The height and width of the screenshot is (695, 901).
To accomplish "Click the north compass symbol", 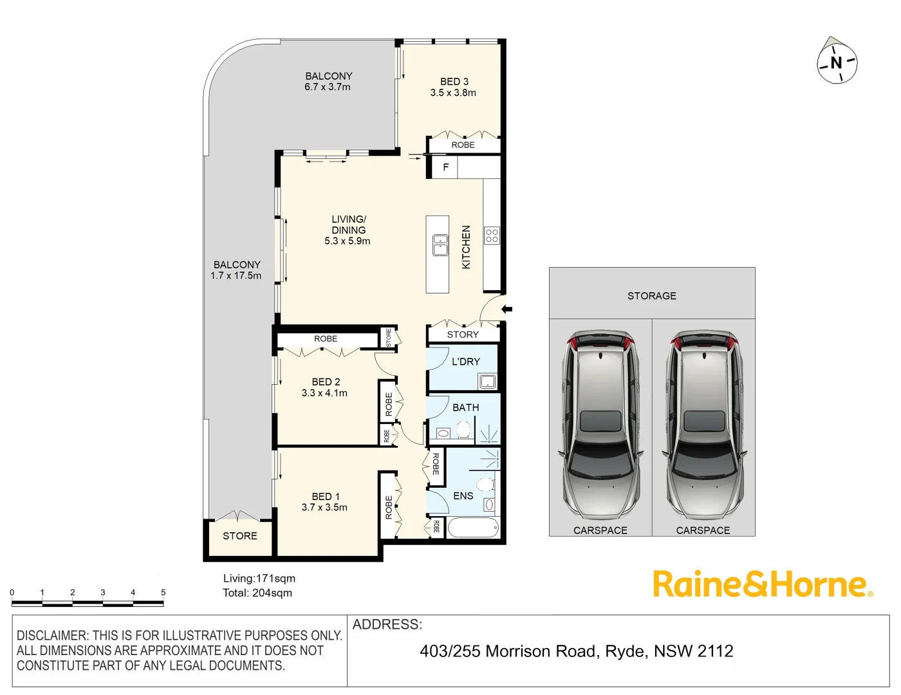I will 837,62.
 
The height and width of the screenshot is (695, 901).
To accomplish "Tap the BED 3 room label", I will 454,82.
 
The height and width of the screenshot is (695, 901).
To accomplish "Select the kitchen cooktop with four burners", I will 492,235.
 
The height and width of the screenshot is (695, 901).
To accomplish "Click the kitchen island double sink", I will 440,245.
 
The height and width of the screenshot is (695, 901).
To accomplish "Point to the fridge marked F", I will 445,167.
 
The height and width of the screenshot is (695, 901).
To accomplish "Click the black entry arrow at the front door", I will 506,310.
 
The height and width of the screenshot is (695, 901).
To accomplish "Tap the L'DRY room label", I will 465,362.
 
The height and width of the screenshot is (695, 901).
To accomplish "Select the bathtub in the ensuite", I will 473,528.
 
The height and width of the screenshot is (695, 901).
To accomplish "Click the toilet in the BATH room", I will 463,429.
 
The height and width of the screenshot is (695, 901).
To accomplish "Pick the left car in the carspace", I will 600,427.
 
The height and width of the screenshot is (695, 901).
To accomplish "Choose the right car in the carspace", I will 704,427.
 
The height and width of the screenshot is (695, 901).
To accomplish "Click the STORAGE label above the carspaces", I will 651,296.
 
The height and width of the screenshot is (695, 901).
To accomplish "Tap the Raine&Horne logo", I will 763,584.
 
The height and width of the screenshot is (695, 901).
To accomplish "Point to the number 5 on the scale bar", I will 163,593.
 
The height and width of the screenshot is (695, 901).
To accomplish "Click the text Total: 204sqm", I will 257,593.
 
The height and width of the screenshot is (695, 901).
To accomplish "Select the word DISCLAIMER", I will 51,636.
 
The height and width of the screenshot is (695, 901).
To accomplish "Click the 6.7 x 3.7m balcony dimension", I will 328,88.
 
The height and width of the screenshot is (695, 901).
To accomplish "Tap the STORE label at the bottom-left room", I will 239,536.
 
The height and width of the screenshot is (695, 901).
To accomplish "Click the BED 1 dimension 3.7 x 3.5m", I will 324,508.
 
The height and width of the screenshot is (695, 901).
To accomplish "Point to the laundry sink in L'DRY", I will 487,381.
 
